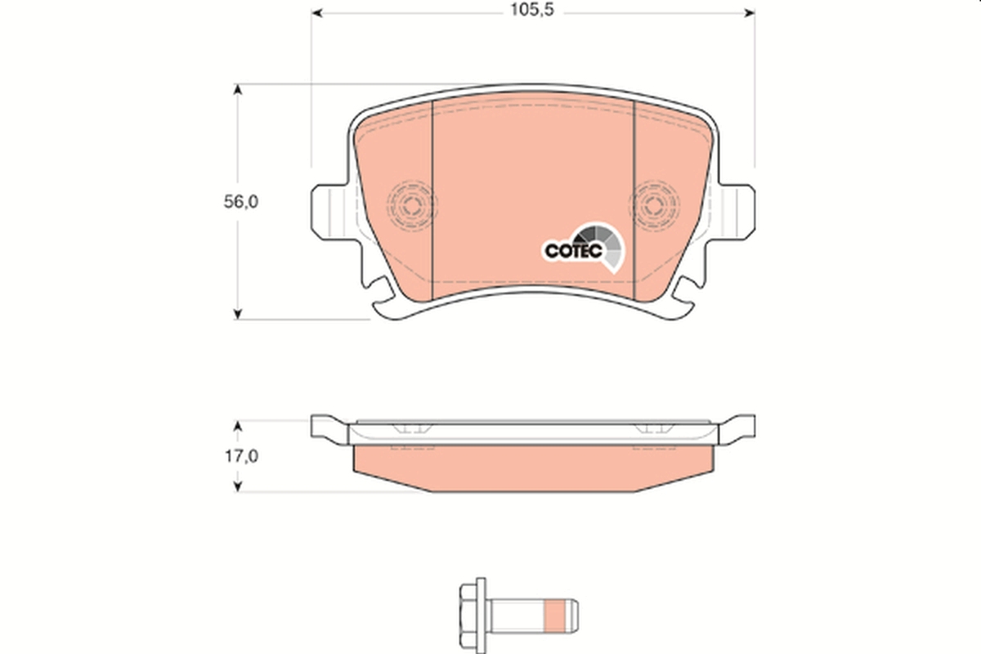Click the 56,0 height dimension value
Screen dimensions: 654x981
point(241,203)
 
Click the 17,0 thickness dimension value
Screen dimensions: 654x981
point(241,457)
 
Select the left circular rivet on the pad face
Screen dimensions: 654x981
point(411,202)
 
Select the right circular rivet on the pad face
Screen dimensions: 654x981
point(655,202)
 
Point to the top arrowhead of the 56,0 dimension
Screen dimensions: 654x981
point(238,89)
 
